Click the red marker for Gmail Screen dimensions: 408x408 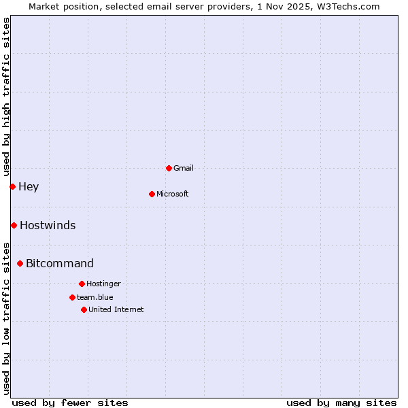coord(169,168)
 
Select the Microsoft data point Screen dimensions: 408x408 coord(152,194)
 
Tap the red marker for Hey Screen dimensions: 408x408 coord(12,186)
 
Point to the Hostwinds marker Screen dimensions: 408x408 coord(14,225)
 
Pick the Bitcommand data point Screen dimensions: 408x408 coord(20,263)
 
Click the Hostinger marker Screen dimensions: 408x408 coord(82,284)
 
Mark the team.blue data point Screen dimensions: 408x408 coord(72,297)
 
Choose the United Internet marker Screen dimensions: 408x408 coord(84,309)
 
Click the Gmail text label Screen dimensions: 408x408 coord(184,168)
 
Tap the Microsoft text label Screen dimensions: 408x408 coord(173,194)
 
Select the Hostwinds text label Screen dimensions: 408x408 coord(48,225)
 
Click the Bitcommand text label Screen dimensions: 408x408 coord(60,263)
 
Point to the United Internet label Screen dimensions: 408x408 coord(116,309)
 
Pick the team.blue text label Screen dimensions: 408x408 coord(95,297)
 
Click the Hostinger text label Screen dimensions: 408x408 coord(103,284)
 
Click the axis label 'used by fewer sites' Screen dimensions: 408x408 coord(70,403)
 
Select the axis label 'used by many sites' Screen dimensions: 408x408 coord(341,403)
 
